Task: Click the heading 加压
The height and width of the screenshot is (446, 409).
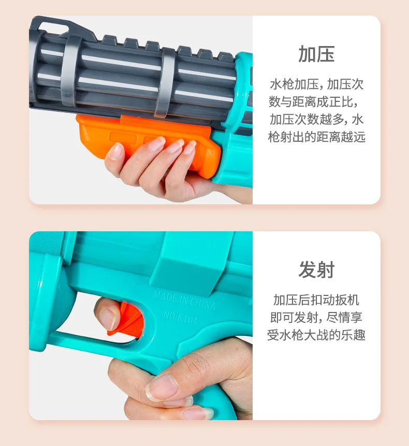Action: pos(316,54)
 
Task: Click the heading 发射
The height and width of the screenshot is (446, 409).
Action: pos(316,270)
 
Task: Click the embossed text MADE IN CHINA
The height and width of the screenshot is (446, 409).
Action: pos(184,300)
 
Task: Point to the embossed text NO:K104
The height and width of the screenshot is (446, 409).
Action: pos(181,317)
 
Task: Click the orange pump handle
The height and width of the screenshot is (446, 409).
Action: pos(148,142)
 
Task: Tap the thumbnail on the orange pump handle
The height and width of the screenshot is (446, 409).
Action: pos(116,151)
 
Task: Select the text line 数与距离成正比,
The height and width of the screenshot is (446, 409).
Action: pos(313,102)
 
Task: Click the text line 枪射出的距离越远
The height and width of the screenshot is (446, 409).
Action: pos(316,137)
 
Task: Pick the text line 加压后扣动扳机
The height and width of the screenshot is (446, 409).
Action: pos(316,300)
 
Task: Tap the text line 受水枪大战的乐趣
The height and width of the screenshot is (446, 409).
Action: pos(316,335)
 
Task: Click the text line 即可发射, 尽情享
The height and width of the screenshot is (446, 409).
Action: pos(316,318)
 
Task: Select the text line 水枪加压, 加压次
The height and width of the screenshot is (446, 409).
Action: pos(316,84)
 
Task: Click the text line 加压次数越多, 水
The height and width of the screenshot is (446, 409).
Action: pos(316,120)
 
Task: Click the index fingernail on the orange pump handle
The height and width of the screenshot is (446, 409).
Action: pos(156,144)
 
